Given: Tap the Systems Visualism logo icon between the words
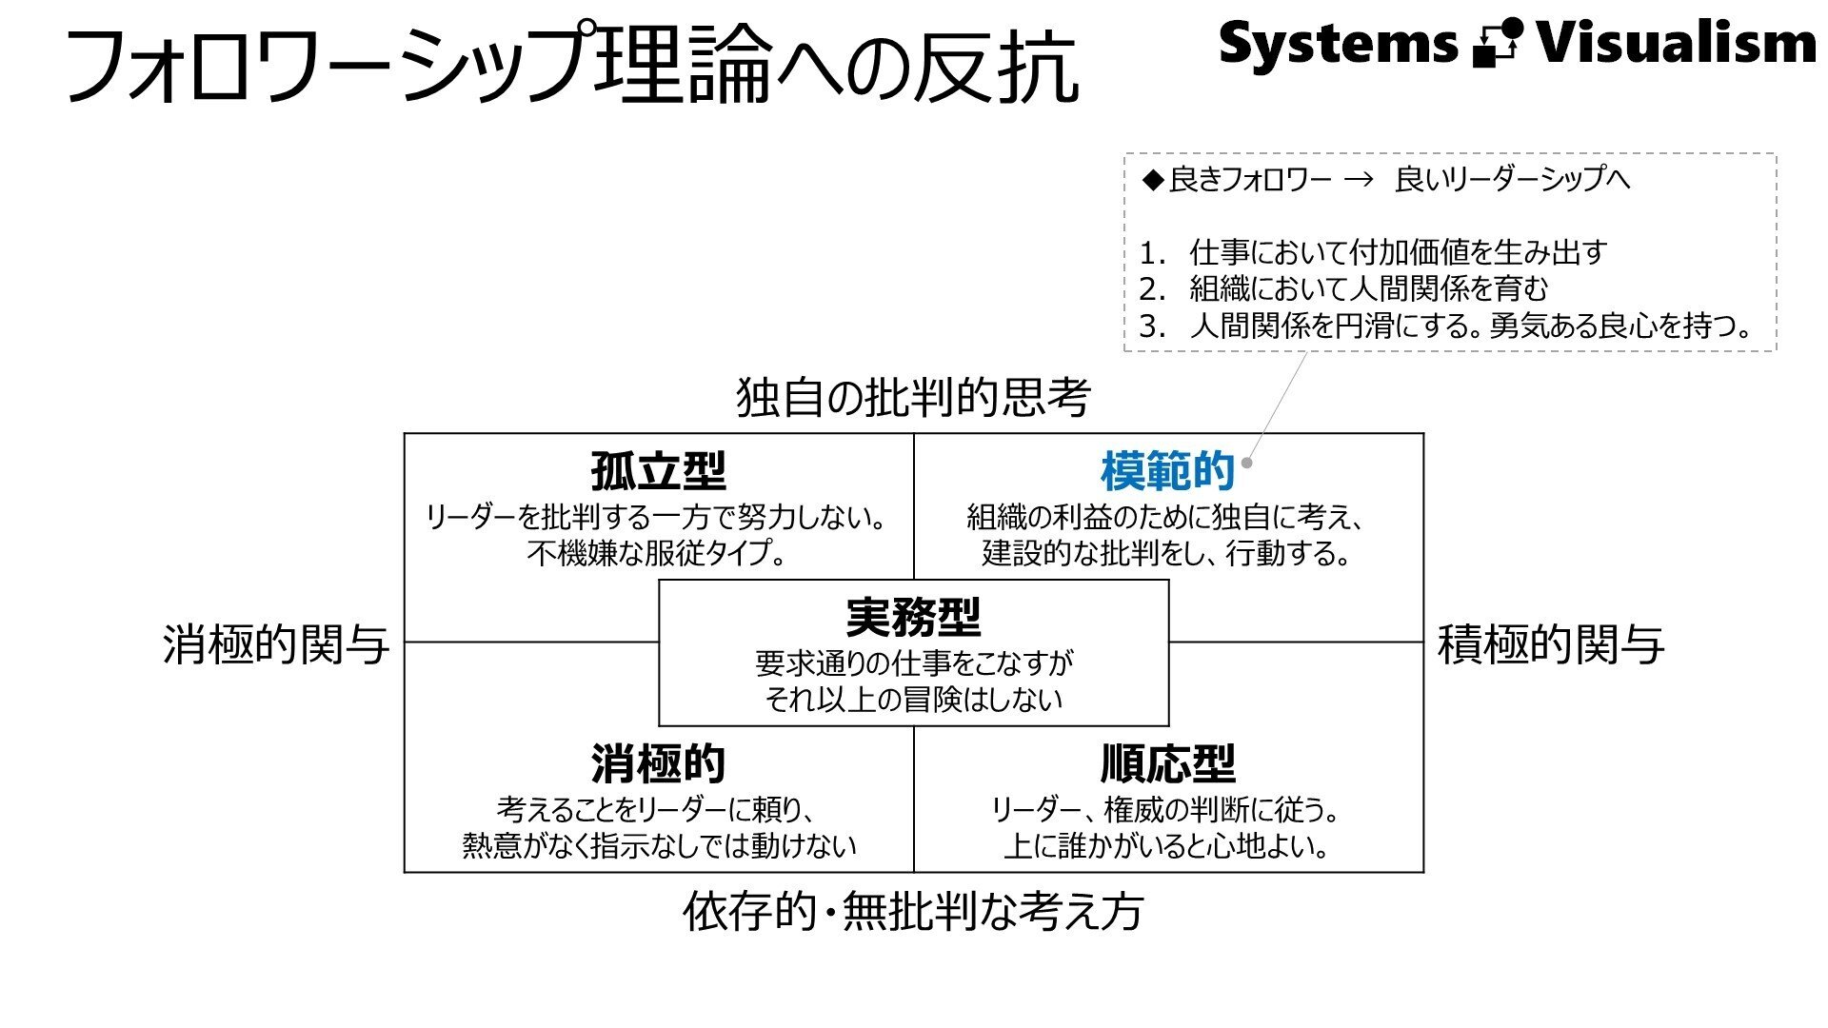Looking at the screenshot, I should point(1497,44).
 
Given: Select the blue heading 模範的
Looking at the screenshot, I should point(1167,471).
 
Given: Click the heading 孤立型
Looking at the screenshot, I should point(658,471).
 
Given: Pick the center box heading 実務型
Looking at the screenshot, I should point(913,618).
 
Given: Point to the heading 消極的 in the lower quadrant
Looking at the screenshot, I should point(658,763).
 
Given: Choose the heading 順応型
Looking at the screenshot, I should point(1167,763).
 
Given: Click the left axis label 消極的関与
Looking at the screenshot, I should point(276,644).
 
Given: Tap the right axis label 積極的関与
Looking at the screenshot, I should point(1550,644).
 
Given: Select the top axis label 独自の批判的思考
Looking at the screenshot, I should point(913,397).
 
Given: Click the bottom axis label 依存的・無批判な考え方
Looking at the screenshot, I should point(913,911).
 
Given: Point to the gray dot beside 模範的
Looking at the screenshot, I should point(1247,464).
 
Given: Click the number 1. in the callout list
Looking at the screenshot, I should point(1152,253).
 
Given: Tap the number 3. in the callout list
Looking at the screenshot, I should point(1152,326).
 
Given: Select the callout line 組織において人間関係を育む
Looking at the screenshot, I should point(1368,289).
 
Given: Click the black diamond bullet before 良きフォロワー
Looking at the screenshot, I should point(1153,180).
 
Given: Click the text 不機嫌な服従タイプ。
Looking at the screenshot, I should point(658,553).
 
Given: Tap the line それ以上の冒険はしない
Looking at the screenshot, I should point(913,700).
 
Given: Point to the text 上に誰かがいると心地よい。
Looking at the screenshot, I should point(1167,846).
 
